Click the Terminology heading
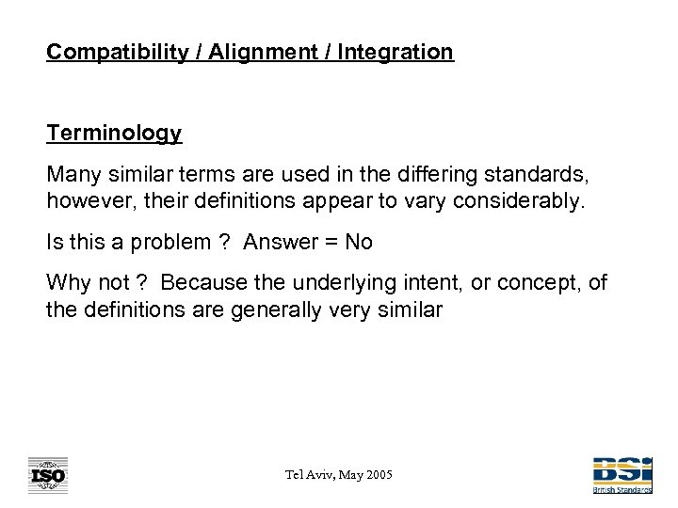point(114,134)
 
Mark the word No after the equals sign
point(359,242)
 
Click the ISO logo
point(47,475)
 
